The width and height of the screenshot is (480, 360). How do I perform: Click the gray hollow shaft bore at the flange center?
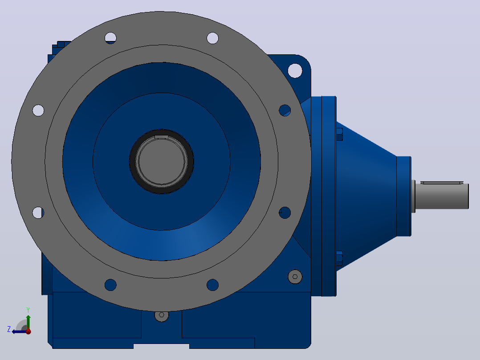tap(161, 161)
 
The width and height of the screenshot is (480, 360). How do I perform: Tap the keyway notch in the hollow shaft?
tap(161, 137)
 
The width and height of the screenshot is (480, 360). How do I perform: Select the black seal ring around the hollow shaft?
tap(161, 161)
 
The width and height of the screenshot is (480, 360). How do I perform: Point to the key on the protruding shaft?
tap(442, 183)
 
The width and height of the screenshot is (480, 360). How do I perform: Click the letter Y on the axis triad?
tap(28, 310)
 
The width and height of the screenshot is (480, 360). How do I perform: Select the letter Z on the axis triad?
tap(9, 329)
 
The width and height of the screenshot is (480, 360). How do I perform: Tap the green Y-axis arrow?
tap(28, 322)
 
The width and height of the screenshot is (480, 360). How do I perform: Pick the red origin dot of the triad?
tap(28, 331)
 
